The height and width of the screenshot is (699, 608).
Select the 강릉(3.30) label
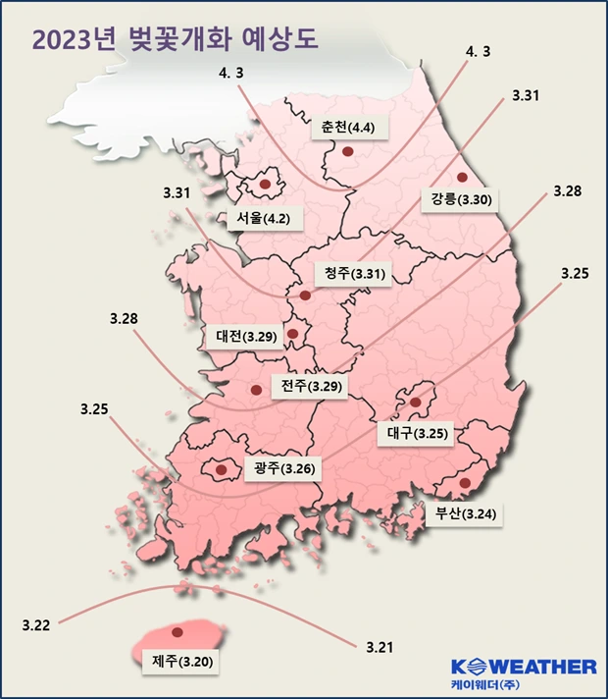460,198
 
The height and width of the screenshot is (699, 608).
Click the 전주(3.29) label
312,386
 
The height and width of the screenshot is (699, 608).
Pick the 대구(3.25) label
416,432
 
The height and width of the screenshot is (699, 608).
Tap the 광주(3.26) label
283,468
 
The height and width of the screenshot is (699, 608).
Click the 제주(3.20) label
177,660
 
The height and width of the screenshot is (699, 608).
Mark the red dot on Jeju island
177,632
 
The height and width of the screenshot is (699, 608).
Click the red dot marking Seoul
265,184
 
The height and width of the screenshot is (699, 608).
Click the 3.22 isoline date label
35,623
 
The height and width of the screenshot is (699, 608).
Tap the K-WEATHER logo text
524,667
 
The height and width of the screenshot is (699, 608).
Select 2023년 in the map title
75,39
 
